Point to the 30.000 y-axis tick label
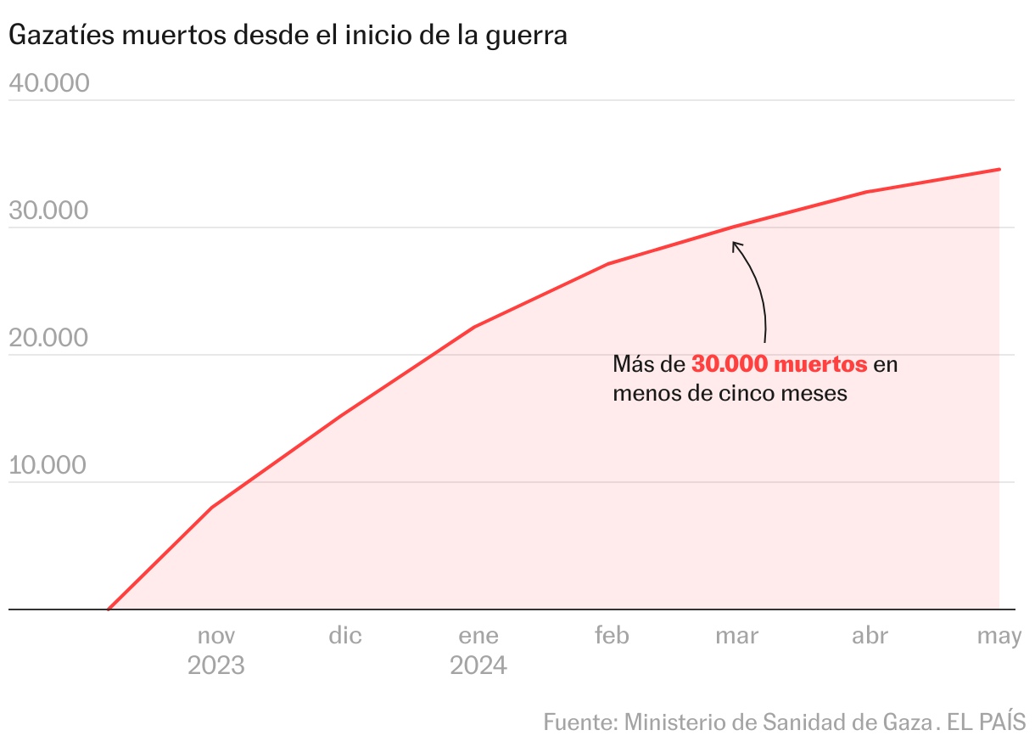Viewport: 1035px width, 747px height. pyautogui.click(x=48, y=211)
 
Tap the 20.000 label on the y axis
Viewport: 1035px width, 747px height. pyautogui.click(x=48, y=338)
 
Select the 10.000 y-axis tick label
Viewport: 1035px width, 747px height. pyautogui.click(x=48, y=465)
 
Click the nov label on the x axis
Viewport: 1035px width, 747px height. pyautogui.click(x=216, y=635)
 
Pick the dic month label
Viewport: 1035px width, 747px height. pyautogui.click(x=345, y=635)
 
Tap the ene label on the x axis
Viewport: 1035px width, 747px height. pyautogui.click(x=478, y=635)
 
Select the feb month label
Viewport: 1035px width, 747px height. pyautogui.click(x=612, y=635)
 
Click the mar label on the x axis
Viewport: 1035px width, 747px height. pyautogui.click(x=736, y=635)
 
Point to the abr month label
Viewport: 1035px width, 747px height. pyautogui.click(x=870, y=635)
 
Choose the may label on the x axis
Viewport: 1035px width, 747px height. pyautogui.click(x=999, y=635)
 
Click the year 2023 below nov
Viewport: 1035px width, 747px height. pyautogui.click(x=216, y=665)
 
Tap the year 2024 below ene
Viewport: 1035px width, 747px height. pyautogui.click(x=478, y=665)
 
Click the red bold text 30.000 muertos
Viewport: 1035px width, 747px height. pyautogui.click(x=780, y=364)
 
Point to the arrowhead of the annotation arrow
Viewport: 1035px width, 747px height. pyautogui.click(x=735, y=244)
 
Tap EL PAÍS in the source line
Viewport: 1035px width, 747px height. pyautogui.click(x=987, y=722)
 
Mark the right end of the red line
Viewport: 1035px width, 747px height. pyautogui.click(x=999, y=169)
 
